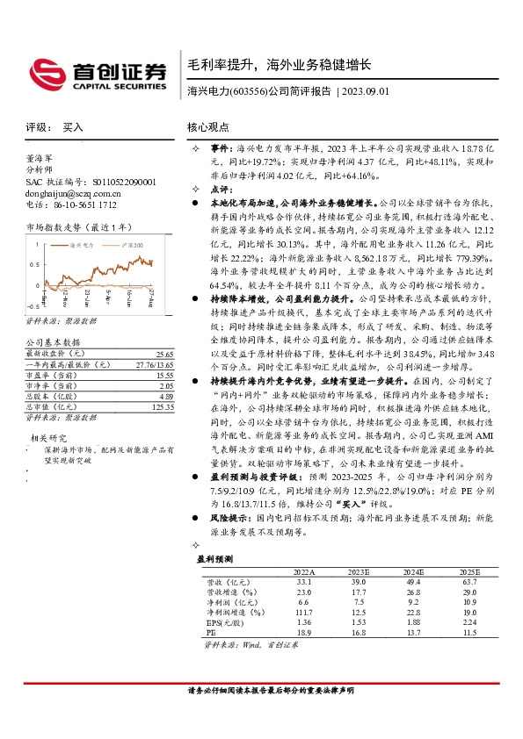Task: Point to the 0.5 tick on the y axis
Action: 34,263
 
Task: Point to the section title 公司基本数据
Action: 53,342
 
